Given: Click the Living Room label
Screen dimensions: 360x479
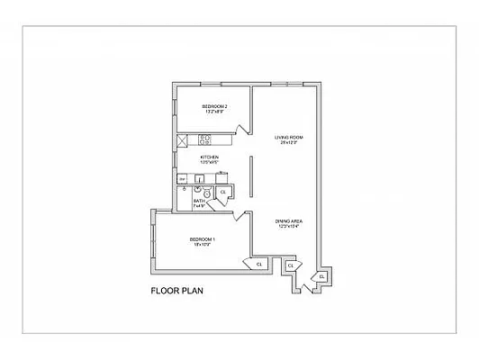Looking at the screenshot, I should pos(289,137).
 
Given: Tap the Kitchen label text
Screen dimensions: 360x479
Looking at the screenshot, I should pos(210,157).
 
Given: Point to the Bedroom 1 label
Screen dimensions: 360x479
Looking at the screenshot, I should pos(201,238).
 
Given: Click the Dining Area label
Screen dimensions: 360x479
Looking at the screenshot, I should pos(289,220).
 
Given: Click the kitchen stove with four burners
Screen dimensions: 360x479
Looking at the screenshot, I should pos(204,139).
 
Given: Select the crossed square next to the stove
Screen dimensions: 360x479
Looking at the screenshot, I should pos(182,139).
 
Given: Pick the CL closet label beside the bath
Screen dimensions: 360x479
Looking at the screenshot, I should pos(223,192).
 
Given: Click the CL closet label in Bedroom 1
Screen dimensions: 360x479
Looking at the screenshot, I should pos(259,264).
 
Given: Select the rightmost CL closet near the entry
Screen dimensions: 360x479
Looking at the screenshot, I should pos(321,275).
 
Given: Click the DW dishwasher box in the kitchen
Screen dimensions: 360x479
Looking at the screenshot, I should pos(181,178).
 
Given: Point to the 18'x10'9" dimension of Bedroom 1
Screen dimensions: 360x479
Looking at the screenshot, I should pos(201,245).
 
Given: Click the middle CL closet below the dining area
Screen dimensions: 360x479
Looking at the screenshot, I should pos(290,266).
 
